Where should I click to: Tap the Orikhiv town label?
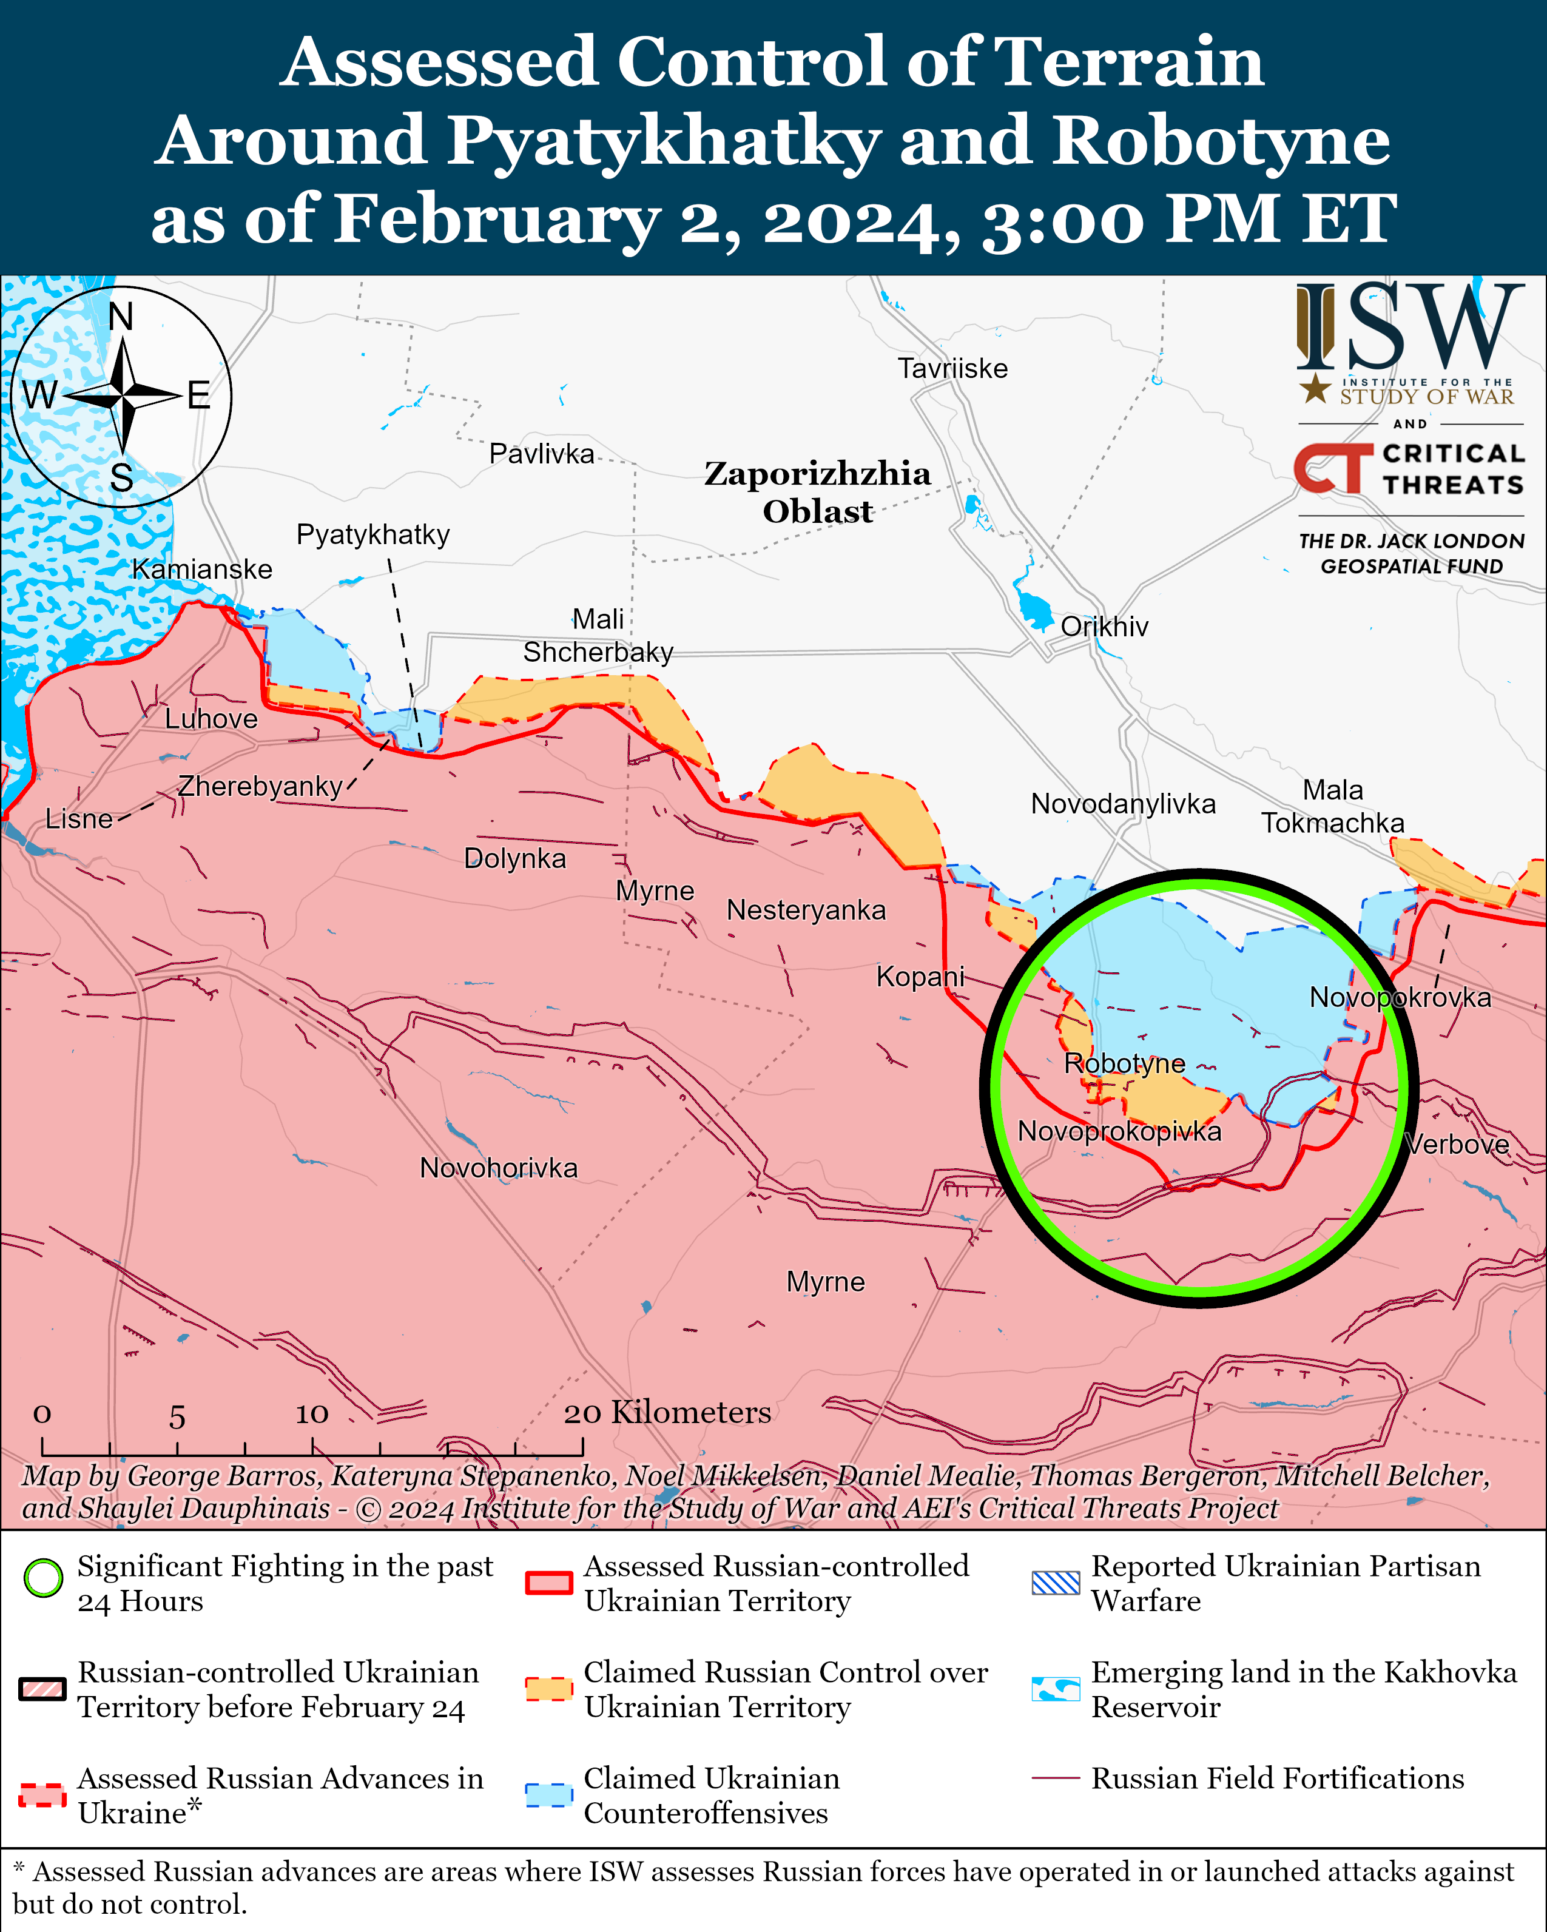pyautogui.click(x=1104, y=627)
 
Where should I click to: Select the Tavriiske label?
pyautogui.click(x=952, y=368)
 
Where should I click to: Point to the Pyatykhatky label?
pyautogui.click(x=373, y=535)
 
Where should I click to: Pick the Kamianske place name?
pyautogui.click(x=201, y=569)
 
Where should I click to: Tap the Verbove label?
pyautogui.click(x=1457, y=1144)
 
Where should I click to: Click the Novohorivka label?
pyautogui.click(x=498, y=1168)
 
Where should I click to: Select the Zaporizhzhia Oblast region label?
pyautogui.click(x=817, y=492)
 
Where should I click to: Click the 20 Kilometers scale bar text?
pyautogui.click(x=667, y=1412)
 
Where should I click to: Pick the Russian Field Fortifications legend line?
pyautogui.click(x=1055, y=1778)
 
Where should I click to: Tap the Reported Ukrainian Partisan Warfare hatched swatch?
pyautogui.click(x=1055, y=1583)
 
